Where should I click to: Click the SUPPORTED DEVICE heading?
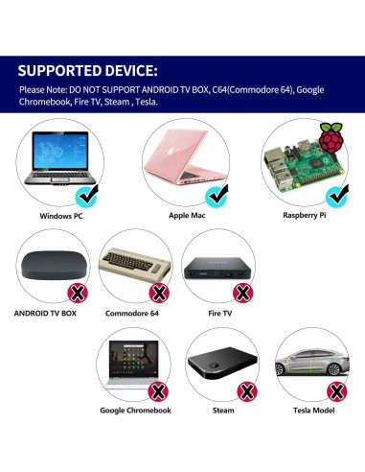click(88, 70)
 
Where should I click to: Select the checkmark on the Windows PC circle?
click(87, 197)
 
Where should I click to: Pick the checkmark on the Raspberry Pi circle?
click(336, 196)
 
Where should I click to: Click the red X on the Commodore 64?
click(158, 292)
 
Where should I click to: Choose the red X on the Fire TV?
click(243, 292)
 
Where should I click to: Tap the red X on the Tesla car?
click(336, 390)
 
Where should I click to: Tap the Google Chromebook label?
click(136, 411)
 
